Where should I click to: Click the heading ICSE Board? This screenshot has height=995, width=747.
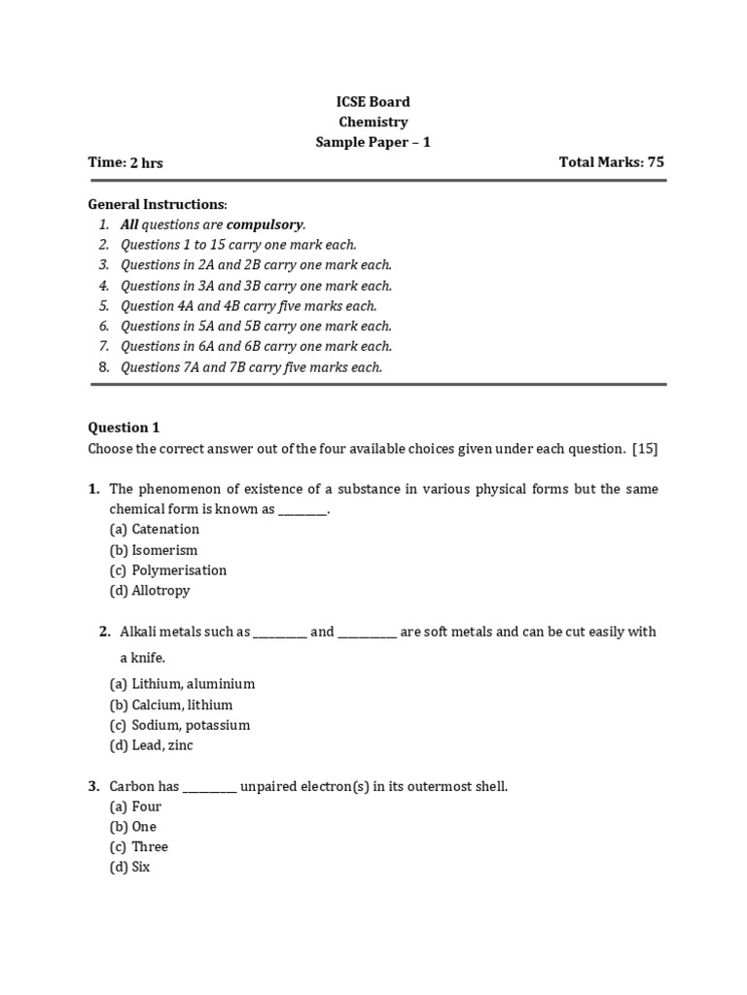click(373, 102)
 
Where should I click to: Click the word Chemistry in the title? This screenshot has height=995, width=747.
click(373, 122)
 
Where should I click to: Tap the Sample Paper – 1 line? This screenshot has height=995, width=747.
click(373, 142)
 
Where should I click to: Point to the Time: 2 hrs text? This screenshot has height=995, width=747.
click(125, 162)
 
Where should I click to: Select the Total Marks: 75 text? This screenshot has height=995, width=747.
click(612, 162)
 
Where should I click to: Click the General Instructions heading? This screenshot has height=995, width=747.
click(157, 204)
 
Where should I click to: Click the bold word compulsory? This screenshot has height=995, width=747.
click(265, 224)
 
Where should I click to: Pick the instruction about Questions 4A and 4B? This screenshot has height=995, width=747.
click(248, 306)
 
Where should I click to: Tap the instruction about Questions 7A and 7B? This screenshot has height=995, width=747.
click(251, 367)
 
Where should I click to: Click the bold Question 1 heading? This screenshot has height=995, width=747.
click(124, 428)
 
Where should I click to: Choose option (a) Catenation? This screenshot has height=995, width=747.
click(155, 530)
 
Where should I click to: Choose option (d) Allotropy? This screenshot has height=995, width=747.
click(150, 591)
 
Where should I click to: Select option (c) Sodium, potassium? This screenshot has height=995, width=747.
click(180, 725)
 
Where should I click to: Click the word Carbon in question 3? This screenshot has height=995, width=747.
click(132, 786)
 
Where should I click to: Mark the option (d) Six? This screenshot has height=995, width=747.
click(130, 867)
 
